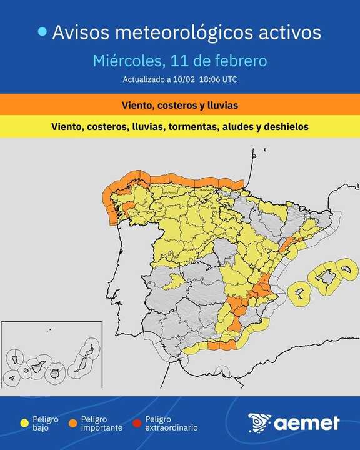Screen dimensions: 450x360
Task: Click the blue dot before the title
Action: tap(42, 32)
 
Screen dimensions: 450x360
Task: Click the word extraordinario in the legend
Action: tap(171, 428)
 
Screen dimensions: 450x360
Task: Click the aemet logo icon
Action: tap(259, 423)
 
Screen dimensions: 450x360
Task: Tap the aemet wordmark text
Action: tap(307, 423)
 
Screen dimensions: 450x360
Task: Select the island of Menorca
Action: tap(346, 270)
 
